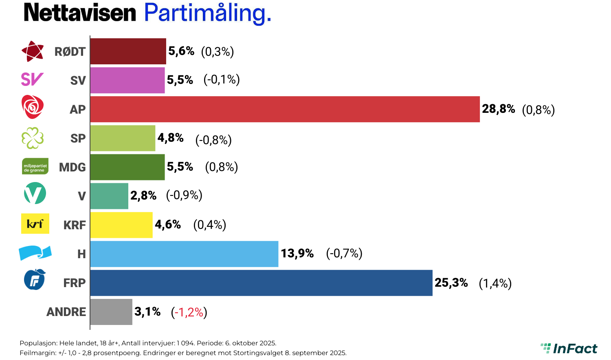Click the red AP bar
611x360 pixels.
point(285,109)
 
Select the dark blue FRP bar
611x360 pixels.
point(261,283)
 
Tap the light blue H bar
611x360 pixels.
point(184,254)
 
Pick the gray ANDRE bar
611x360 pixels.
point(111,312)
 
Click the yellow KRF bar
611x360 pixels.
point(121,225)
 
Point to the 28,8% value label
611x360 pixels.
point(498,109)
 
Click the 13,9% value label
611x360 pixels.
point(297,254)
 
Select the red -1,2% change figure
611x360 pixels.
point(189,312)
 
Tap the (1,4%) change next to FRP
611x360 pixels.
point(495,283)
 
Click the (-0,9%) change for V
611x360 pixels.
point(184,195)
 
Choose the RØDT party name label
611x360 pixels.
point(70,52)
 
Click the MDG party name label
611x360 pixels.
point(73,167)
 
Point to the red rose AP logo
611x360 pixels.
point(33,107)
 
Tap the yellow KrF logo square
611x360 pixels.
point(35,224)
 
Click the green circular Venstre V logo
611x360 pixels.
point(35,193)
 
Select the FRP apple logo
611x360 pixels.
point(35,280)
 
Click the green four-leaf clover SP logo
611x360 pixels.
point(33,138)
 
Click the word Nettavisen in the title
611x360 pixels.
point(80,13)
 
